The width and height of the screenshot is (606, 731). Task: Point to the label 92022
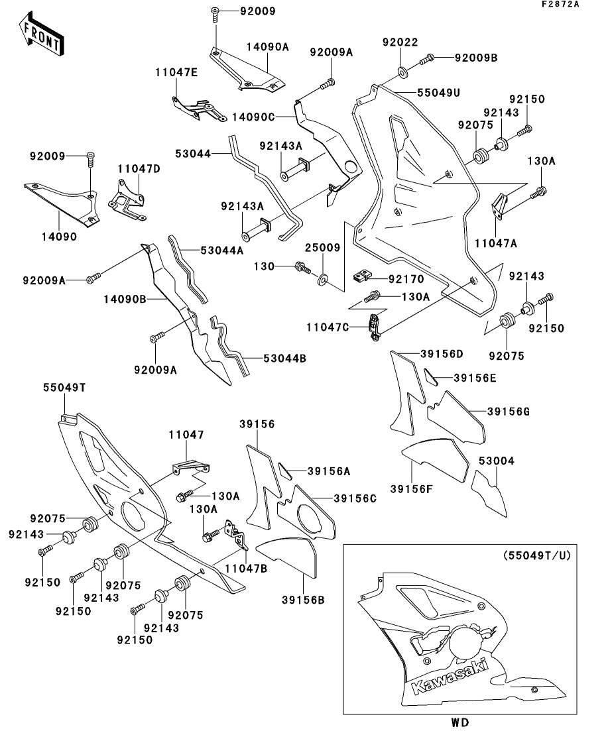pyautogui.click(x=400, y=42)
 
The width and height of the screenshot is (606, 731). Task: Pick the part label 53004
pyautogui.click(x=497, y=461)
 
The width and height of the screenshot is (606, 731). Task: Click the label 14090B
pyautogui.click(x=125, y=299)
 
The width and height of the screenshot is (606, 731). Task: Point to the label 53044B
pyautogui.click(x=284, y=359)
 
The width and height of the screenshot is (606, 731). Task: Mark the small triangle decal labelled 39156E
pyautogui.click(x=432, y=378)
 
